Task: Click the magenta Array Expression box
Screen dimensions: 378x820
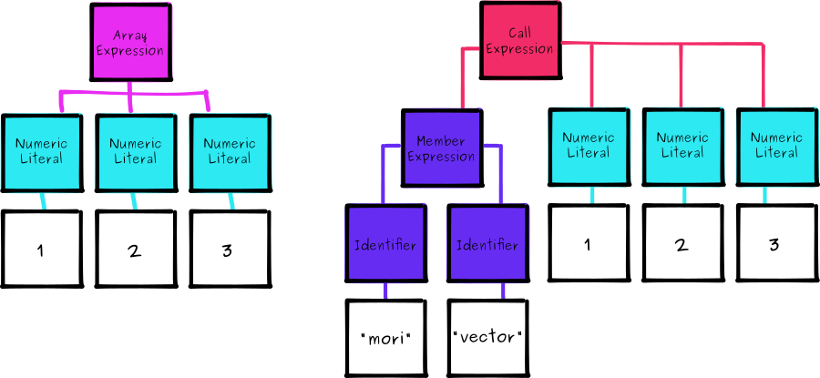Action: pos(130,43)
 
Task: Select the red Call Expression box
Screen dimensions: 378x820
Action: pos(518,40)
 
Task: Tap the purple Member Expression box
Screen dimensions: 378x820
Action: pos(442,148)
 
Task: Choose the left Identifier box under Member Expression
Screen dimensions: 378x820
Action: pos(385,244)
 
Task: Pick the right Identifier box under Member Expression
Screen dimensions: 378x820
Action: pos(487,244)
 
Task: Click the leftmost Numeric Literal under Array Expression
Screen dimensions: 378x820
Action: pos(41,152)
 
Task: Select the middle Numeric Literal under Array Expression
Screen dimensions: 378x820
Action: pos(136,152)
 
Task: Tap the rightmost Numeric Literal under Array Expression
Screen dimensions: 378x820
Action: pos(230,152)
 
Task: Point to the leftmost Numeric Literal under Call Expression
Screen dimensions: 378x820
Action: pos(589,147)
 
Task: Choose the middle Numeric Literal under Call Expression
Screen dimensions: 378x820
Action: pos(682,147)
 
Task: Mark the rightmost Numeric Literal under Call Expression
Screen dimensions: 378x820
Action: pos(776,147)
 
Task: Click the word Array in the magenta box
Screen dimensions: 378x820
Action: pos(130,36)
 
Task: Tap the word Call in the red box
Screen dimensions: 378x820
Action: pos(519,33)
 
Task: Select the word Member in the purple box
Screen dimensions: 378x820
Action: pos(441,141)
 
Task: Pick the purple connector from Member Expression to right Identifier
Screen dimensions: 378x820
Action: pos(499,173)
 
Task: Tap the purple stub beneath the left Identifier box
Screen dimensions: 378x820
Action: pos(385,291)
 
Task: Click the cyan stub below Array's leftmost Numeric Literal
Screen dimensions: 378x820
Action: pos(41,200)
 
